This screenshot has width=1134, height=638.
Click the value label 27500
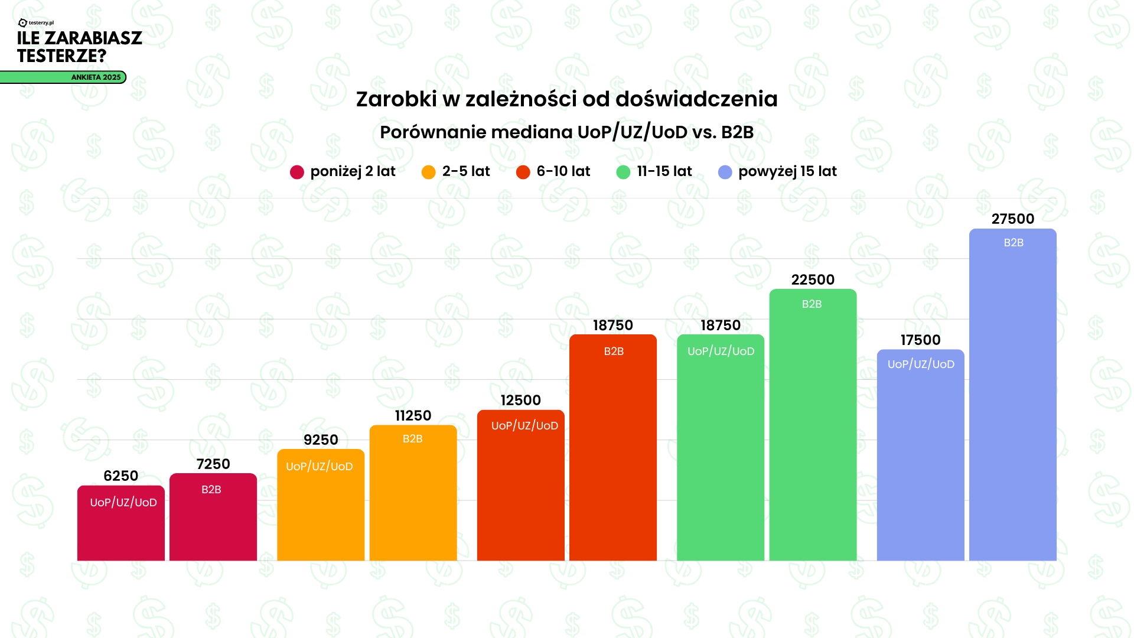pos(1013,219)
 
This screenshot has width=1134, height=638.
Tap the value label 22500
pos(813,280)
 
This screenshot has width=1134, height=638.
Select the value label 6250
pos(120,476)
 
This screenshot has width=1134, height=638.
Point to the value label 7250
pos(213,464)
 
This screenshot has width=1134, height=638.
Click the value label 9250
pos(321,440)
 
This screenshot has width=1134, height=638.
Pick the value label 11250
pos(413,416)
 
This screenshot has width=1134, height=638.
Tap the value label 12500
pos(520,401)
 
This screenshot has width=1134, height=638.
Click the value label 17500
pos(920,340)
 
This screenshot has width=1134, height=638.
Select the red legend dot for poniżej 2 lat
pos(297,172)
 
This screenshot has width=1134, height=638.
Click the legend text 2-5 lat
pos(466,171)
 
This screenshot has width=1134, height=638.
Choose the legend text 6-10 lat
pos(563,171)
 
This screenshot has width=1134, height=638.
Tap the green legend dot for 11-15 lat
pos(623,172)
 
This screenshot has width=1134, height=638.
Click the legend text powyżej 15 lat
pos(787,171)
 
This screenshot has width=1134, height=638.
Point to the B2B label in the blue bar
pos(1014,243)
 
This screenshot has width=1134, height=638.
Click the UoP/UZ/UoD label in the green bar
pos(721,351)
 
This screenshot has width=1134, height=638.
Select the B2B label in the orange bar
pos(412,439)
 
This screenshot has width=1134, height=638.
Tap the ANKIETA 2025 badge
pos(96,77)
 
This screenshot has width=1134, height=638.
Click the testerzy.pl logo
pos(36,23)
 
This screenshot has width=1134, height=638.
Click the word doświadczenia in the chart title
pos(696,99)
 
